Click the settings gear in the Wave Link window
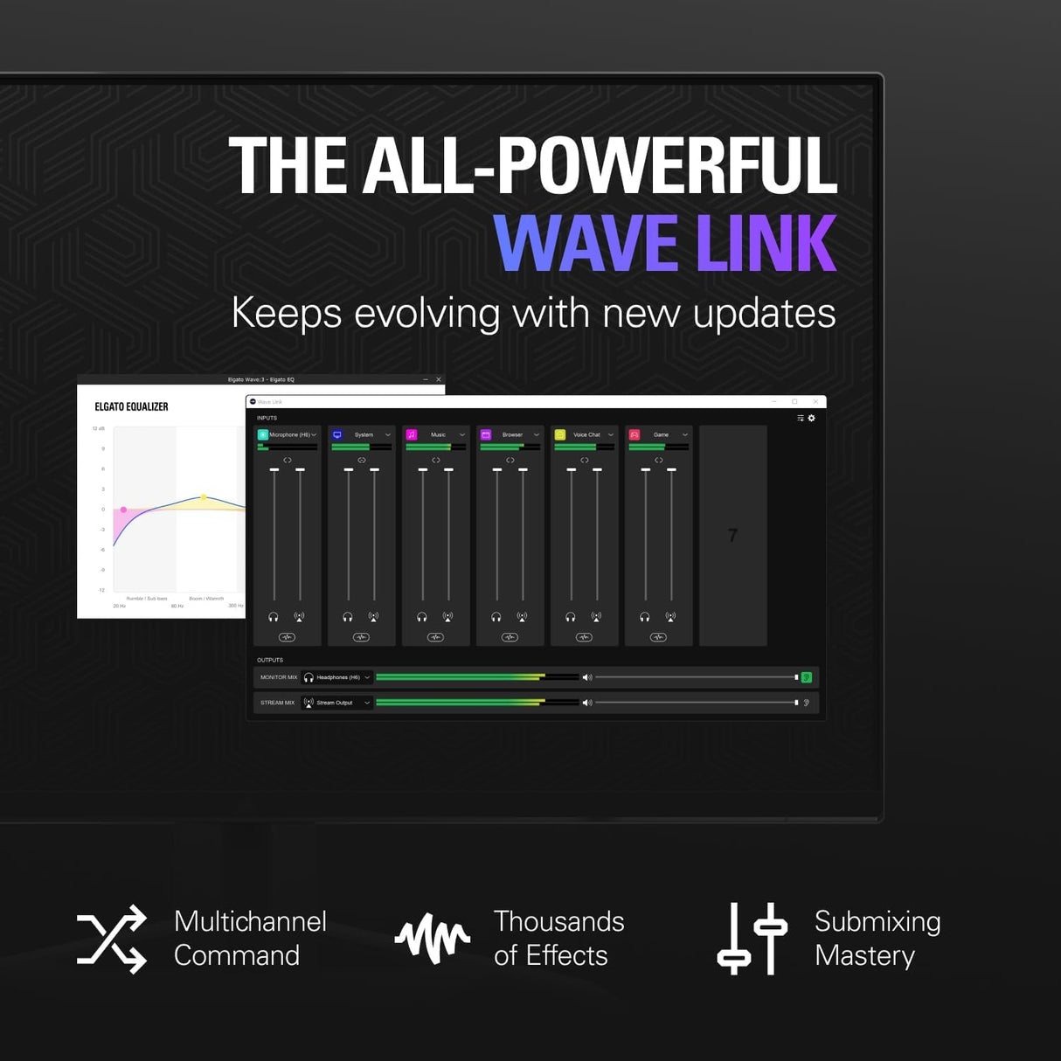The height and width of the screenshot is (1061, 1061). coord(812,419)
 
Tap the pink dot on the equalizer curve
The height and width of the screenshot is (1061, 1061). coord(124,510)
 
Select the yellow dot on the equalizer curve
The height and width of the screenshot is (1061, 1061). coord(204,497)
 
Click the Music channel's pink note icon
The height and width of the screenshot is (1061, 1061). coord(412,434)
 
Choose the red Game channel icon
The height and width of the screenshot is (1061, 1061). coord(635,434)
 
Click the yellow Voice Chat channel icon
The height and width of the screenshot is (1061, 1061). coord(560,434)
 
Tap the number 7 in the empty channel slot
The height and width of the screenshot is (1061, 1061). coord(732,536)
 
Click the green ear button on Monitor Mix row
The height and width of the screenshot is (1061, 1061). coord(807,677)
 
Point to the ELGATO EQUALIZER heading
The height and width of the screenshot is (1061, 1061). coord(131,407)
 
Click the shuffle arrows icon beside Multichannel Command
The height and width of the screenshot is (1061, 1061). coord(112,940)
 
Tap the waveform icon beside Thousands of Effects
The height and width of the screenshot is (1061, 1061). coord(433,940)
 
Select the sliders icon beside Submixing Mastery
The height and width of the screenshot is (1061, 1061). coord(752,940)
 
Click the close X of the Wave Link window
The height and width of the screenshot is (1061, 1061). coord(815,402)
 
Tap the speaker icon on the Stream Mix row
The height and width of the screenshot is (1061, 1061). coord(587,703)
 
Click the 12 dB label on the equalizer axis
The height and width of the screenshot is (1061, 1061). coord(99,429)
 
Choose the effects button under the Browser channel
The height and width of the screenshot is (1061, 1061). coord(510,637)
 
